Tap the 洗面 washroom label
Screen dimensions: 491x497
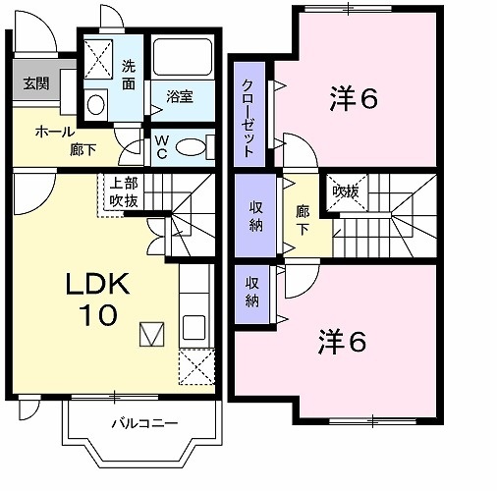coord(129,76)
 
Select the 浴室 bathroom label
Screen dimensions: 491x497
coord(179,96)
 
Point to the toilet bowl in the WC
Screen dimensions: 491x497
coord(193,147)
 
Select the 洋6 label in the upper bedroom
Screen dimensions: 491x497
coord(354,98)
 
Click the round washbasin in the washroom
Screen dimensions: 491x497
coord(96,103)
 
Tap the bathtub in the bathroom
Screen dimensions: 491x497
coord(184,61)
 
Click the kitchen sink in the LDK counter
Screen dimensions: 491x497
coord(193,327)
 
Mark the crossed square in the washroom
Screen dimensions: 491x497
coord(97,58)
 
